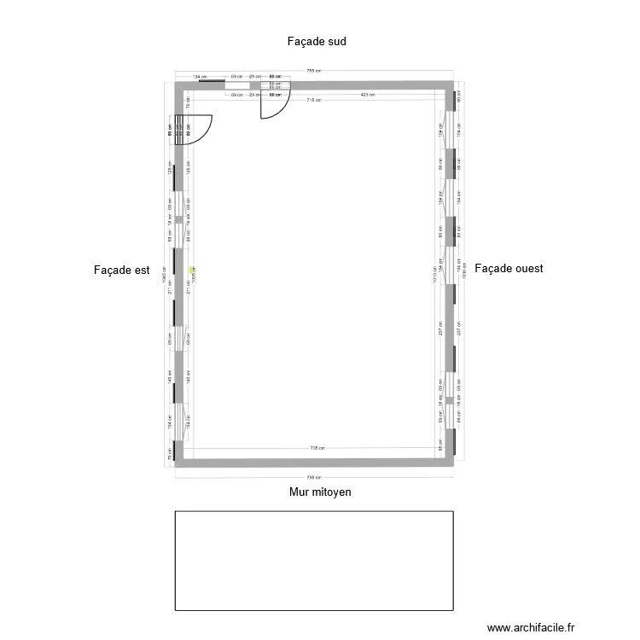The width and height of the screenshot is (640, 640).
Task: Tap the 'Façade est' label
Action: pyautogui.click(x=121, y=270)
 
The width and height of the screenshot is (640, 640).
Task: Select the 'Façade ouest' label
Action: pyautogui.click(x=509, y=268)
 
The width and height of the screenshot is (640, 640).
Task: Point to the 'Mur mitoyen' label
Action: pyautogui.click(x=320, y=492)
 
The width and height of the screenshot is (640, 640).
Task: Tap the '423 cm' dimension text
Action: pyautogui.click(x=369, y=95)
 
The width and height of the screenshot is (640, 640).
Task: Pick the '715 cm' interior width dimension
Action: pyautogui.click(x=312, y=101)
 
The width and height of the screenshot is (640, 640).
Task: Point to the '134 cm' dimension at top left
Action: pyautogui.click(x=200, y=77)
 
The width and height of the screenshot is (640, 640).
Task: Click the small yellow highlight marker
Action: pyautogui.click(x=192, y=266)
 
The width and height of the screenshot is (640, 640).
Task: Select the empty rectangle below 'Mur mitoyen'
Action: pyautogui.click(x=314, y=561)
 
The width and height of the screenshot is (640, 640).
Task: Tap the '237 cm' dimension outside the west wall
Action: pyautogui.click(x=458, y=329)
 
